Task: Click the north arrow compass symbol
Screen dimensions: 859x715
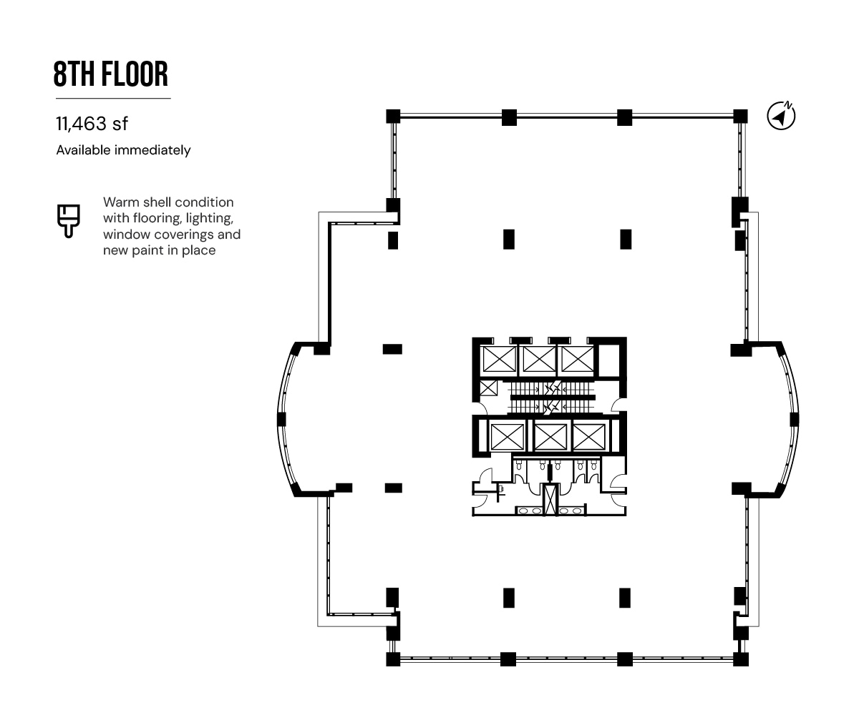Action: (781, 116)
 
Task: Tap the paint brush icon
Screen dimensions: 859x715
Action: (68, 221)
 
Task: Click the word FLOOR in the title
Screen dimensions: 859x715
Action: (135, 74)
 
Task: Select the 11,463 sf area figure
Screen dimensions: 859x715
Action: (92, 124)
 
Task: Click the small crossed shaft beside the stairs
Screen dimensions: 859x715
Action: (489, 388)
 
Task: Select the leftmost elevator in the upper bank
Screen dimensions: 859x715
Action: (499, 359)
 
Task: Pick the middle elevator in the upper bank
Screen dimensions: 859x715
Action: (539, 359)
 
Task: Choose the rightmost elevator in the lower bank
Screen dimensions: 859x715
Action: (589, 437)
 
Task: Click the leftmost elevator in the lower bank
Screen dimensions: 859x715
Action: (508, 437)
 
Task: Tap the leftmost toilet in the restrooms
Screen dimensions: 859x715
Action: (519, 465)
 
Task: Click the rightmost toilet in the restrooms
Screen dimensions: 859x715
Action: (593, 465)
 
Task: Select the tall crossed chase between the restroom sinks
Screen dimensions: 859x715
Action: (550, 499)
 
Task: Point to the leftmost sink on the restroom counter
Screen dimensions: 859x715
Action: (524, 511)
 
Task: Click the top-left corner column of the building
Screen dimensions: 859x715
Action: (393, 117)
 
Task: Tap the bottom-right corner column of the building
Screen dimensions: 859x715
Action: (740, 659)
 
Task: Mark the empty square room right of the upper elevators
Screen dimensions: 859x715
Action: (608, 360)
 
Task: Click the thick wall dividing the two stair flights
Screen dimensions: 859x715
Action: (553, 398)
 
